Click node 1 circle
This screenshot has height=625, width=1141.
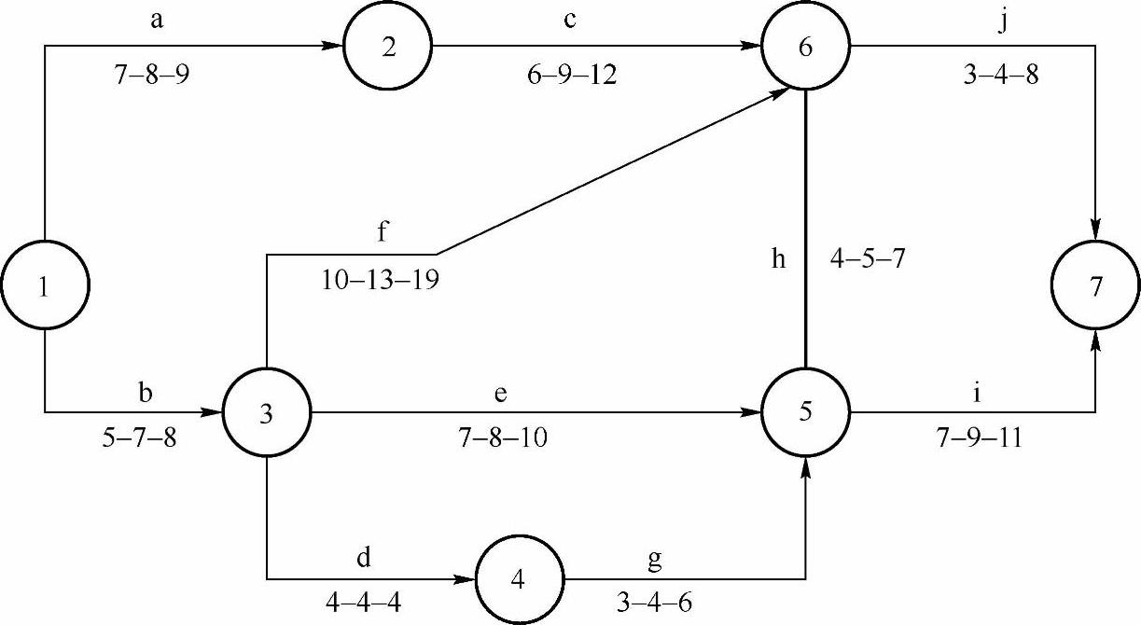(44, 287)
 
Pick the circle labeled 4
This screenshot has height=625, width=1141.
(520, 578)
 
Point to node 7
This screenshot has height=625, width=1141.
(1095, 287)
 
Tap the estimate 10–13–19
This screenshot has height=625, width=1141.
(382, 280)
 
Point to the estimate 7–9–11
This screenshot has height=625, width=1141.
(978, 437)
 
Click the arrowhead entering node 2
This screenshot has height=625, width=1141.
(333, 45)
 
